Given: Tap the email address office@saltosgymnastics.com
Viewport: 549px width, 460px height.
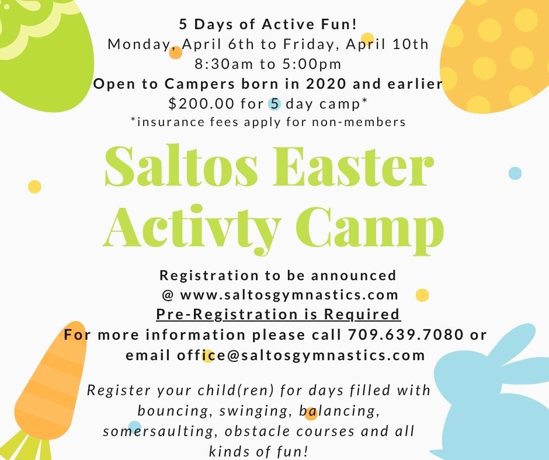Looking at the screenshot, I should (x=274, y=356).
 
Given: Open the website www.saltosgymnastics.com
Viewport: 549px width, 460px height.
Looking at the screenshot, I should (x=289, y=295).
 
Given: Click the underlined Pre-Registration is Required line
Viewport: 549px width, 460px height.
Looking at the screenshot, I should (x=278, y=315).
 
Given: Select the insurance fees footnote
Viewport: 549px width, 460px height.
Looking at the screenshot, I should (x=268, y=122).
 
